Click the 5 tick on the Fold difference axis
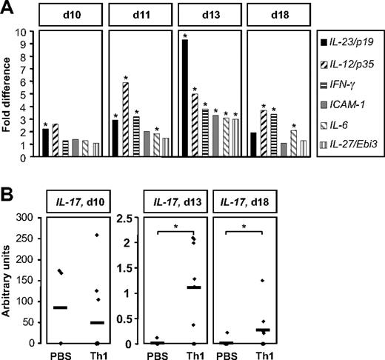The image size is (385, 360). (x=29, y=94)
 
